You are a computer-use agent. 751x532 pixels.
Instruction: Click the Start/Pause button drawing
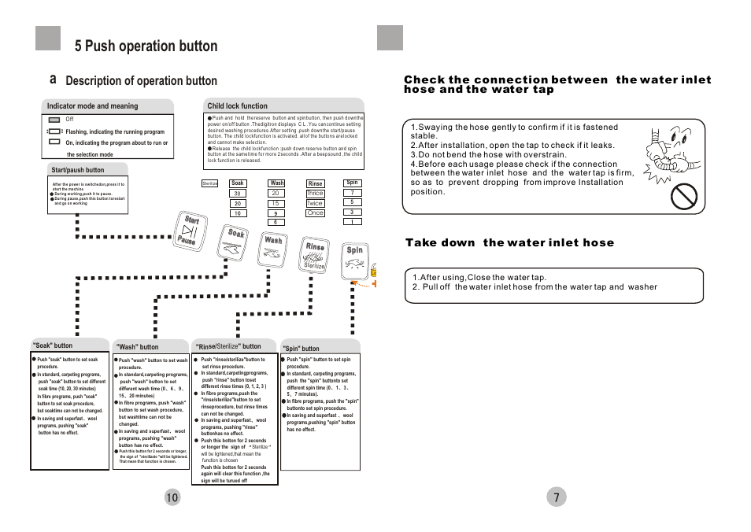point(188,231)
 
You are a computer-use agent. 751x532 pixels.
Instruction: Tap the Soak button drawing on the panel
point(234,242)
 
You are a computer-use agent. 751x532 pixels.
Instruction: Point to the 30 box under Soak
point(237,194)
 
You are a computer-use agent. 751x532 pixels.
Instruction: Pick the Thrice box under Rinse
point(315,194)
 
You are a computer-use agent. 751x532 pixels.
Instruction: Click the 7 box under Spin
point(353,192)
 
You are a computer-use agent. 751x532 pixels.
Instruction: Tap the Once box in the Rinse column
point(315,212)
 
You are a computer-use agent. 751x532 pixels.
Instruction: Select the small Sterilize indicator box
point(209,183)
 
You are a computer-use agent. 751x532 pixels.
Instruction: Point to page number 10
point(172,497)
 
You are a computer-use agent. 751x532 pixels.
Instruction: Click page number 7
point(556,497)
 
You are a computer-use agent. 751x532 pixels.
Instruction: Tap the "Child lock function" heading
point(237,106)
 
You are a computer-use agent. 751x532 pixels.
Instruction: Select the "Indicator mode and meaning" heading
point(92,106)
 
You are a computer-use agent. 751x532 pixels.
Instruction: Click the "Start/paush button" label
point(77,170)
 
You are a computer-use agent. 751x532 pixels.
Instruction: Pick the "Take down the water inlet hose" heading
point(509,242)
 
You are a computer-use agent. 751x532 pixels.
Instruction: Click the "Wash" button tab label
point(138,346)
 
